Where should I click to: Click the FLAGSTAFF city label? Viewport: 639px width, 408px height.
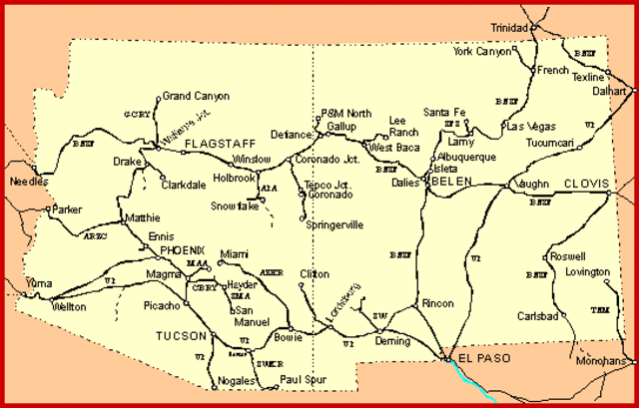[x=215, y=144]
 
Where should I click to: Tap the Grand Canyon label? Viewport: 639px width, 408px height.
[x=196, y=97]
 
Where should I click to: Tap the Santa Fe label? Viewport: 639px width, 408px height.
[x=444, y=112]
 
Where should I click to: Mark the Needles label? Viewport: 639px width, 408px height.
[x=27, y=183]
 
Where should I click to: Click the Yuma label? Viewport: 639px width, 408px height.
[x=38, y=283]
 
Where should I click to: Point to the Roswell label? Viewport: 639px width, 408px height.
[x=568, y=256]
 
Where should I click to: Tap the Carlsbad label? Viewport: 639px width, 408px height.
[x=537, y=315]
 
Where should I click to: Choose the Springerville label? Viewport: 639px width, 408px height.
[x=333, y=225]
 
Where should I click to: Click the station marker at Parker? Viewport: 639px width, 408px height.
[x=49, y=209]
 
